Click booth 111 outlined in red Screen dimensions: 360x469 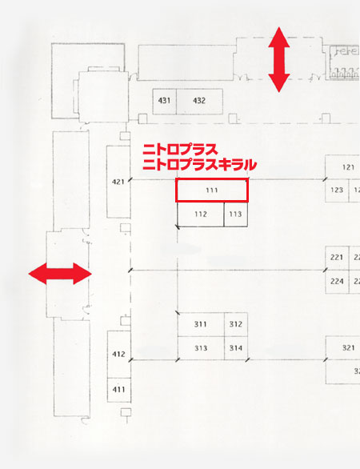pos(212,190)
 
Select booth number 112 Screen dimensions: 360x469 pos(200,214)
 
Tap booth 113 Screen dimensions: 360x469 pos(236,214)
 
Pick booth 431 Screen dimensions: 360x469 pos(165,101)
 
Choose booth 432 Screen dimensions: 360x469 pos(199,101)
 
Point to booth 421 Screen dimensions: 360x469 pos(118,182)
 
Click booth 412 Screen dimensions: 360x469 pos(119,354)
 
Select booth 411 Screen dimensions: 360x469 pos(119,390)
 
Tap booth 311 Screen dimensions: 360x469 pos(201,324)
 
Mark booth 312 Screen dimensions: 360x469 pos(236,324)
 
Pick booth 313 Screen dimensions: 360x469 pos(201,348)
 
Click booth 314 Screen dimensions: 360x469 pos(236,348)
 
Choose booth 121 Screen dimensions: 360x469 pos(342,167)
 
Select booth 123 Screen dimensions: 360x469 pos(337,190)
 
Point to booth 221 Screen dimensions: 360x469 pos(337,258)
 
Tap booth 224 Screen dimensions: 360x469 pos(337,282)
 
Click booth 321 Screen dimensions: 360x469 pos(342,348)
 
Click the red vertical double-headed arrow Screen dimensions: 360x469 pos(279,59)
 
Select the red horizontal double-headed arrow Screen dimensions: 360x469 pos(60,274)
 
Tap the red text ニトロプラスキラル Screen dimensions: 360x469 pos(200,165)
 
